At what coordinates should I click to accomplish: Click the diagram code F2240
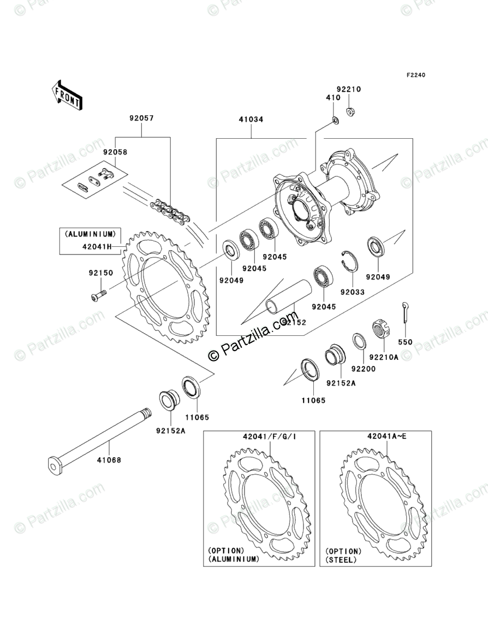click(x=415, y=75)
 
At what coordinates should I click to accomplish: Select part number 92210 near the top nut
click(x=348, y=89)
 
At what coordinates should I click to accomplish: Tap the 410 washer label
click(x=333, y=98)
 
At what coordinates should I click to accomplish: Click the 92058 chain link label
click(x=115, y=152)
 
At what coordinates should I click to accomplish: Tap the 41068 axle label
click(x=110, y=460)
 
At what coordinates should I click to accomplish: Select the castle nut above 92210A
click(x=381, y=329)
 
